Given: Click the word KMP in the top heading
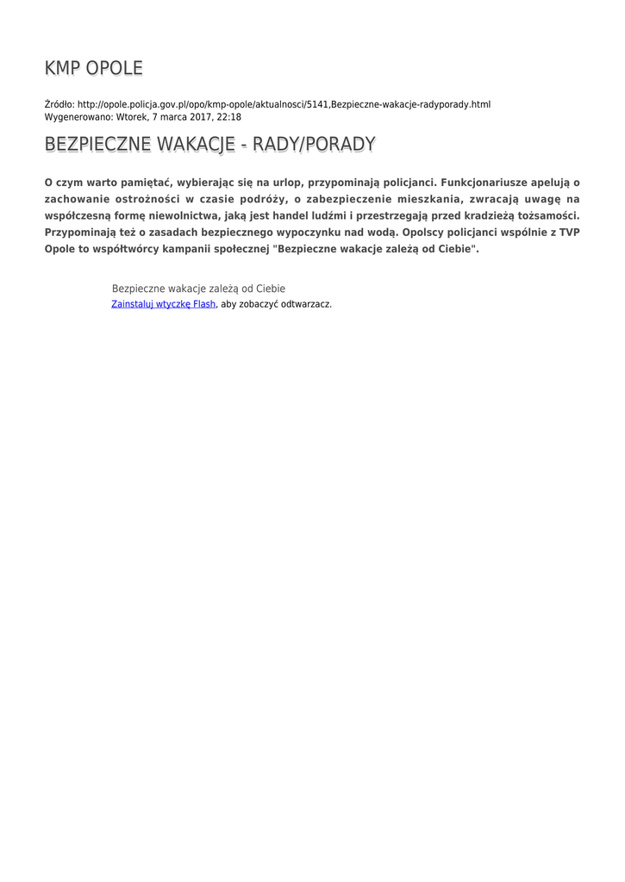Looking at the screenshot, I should click(62, 68).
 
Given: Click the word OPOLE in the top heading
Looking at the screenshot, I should click(114, 68).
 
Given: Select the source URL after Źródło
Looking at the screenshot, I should click(284, 104).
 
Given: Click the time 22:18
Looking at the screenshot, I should click(228, 116).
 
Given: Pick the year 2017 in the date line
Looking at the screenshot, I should click(202, 116).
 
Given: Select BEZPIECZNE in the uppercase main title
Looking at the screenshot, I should click(97, 144).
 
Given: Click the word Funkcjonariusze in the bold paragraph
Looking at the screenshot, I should click(486, 183).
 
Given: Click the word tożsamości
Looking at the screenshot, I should click(547, 215).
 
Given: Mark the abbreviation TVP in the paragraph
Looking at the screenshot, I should click(570, 232).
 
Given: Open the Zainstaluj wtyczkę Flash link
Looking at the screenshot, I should click(163, 304).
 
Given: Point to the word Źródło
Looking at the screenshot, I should click(59, 104).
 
